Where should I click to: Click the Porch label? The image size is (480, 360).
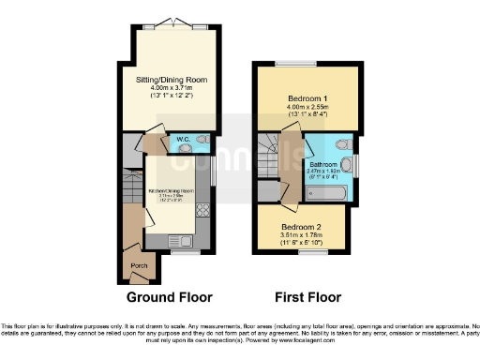139,266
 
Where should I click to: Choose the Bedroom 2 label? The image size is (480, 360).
301,226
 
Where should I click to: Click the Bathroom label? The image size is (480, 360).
323,165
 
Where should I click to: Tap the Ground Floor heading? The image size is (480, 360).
168,297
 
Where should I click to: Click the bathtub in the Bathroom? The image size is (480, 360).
328,192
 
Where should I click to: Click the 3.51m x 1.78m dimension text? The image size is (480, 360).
301,235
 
